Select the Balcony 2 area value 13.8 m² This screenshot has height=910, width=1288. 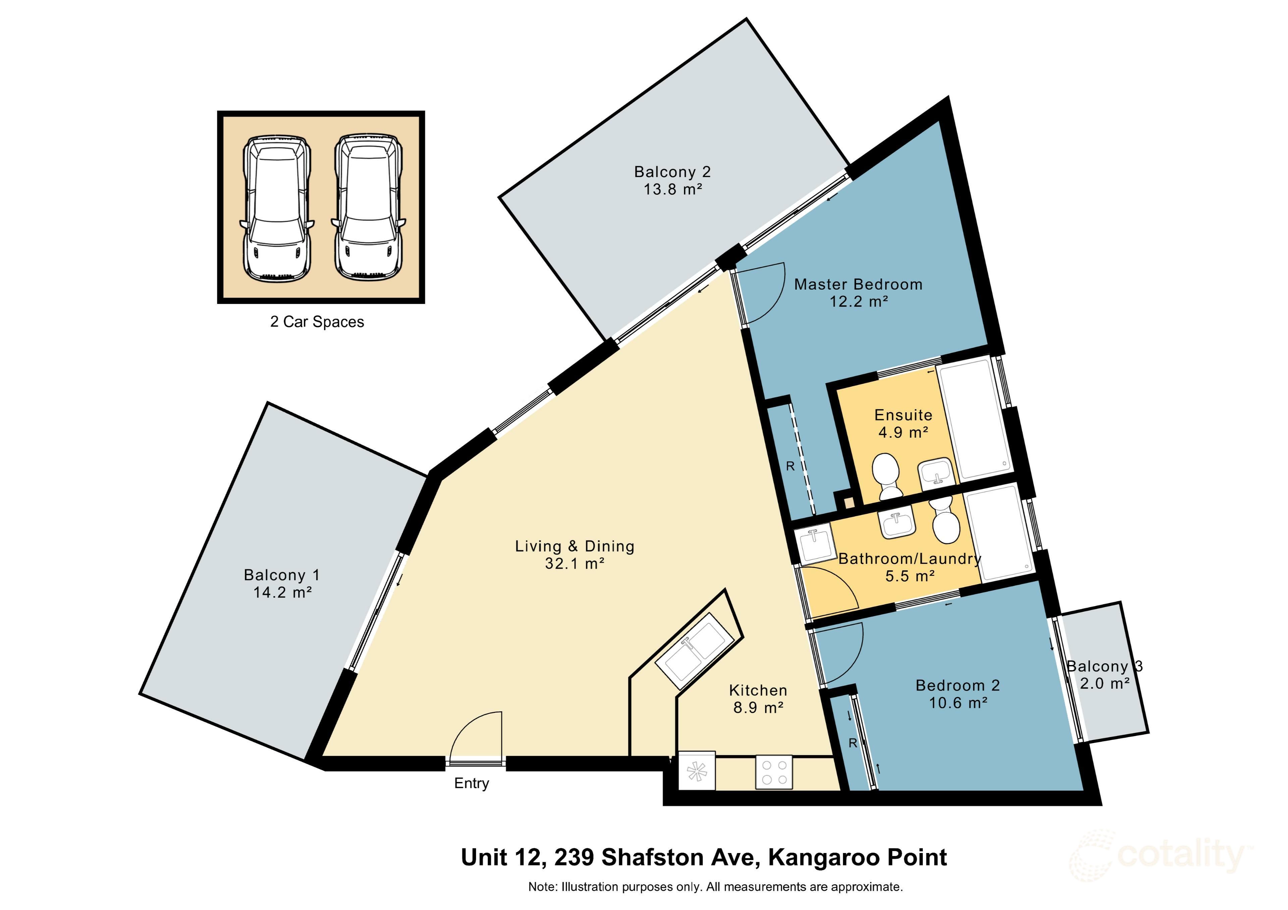672,189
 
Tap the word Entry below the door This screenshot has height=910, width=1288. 471,783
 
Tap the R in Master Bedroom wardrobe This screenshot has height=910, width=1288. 790,467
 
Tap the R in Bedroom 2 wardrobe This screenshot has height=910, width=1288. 853,743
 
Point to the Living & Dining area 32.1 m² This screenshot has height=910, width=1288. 575,563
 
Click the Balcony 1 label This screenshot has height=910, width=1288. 282,575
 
